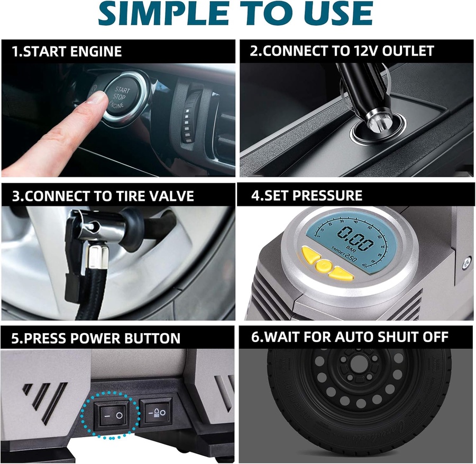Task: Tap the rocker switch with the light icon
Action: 156,412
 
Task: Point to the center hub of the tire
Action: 358,362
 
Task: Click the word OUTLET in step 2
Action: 408,51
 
